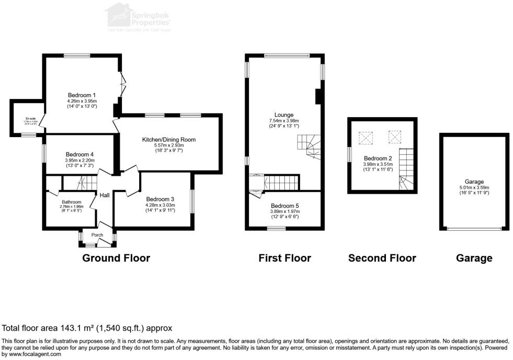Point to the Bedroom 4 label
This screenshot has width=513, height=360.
click(x=79, y=154)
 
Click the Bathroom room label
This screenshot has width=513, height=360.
click(x=72, y=201)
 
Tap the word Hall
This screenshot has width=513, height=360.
click(x=105, y=195)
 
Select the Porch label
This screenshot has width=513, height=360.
click(x=97, y=235)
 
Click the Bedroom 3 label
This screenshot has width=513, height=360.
click(x=160, y=199)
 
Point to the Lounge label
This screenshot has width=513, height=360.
click(x=284, y=115)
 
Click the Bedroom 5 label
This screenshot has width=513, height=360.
click(x=284, y=206)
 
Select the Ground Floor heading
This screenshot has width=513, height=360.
click(x=116, y=258)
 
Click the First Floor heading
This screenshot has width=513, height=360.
click(x=284, y=258)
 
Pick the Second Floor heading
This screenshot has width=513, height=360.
click(x=382, y=258)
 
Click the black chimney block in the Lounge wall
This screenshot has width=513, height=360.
click(x=318, y=97)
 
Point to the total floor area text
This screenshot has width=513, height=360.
click(x=87, y=329)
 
